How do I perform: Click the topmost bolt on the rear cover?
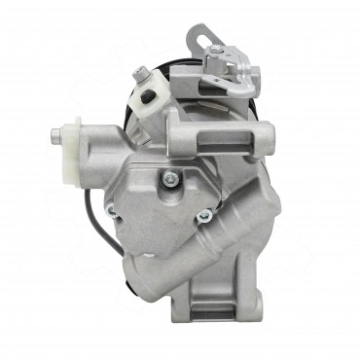[x=171, y=177]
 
